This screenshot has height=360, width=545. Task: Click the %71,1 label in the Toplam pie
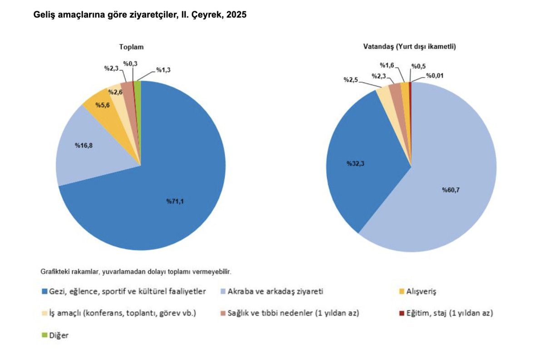pyautogui.click(x=175, y=201)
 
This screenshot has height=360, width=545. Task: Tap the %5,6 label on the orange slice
pyautogui.click(x=102, y=104)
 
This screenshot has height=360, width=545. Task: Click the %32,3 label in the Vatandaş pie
pyautogui.click(x=355, y=163)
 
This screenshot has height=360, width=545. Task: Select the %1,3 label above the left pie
pyautogui.click(x=163, y=70)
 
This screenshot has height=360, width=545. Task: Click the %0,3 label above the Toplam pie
pyautogui.click(x=131, y=65)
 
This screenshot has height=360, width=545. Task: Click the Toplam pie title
pyautogui.click(x=131, y=47)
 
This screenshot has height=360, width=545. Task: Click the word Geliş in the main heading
pyautogui.click(x=44, y=15)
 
